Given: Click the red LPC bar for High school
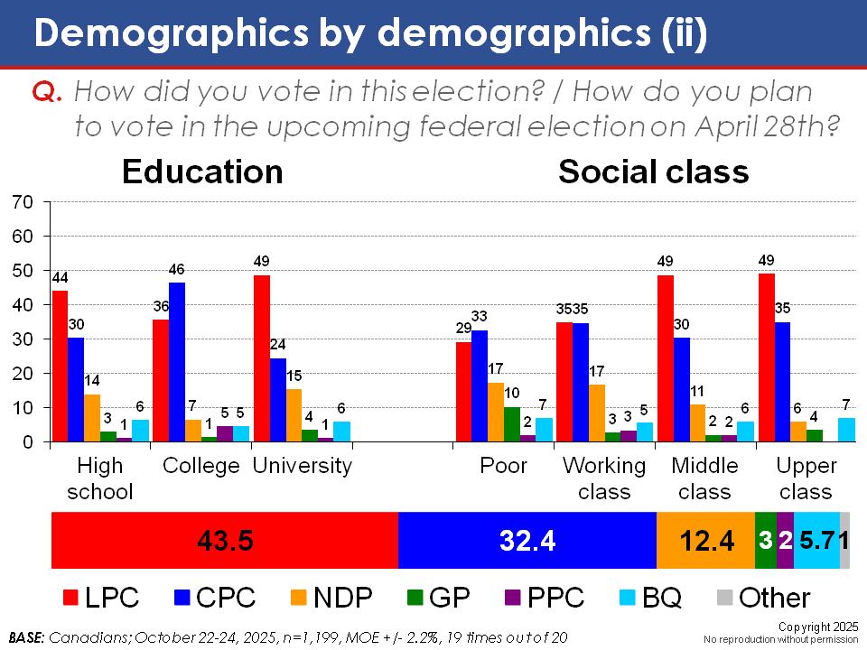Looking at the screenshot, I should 60,366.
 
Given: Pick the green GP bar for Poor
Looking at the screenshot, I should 512,424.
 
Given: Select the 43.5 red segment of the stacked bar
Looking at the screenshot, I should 225,541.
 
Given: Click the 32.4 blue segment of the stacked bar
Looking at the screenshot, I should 527,541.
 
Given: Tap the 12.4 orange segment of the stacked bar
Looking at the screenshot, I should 705,541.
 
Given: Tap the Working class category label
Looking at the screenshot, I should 604,478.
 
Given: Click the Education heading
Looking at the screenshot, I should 202,172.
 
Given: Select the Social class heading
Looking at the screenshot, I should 654,172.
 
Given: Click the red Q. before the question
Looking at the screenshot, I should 47,91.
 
